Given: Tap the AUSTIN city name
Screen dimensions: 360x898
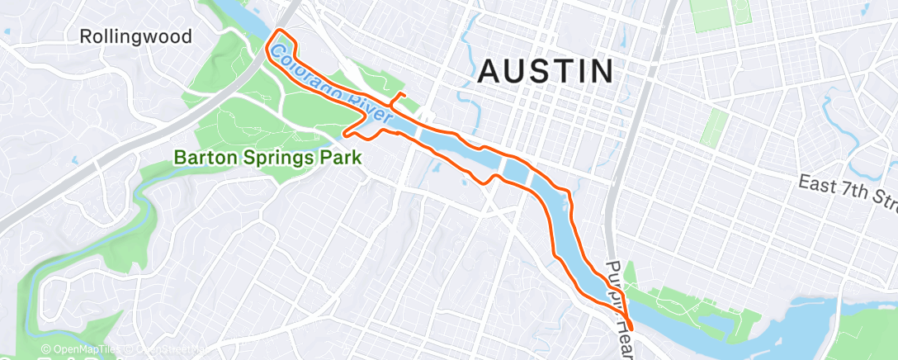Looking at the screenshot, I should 546,71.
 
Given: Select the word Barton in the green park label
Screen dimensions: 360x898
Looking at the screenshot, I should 202,157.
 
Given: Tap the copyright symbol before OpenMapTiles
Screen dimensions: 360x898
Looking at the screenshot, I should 45,350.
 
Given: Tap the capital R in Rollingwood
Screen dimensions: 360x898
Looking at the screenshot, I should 86,36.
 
